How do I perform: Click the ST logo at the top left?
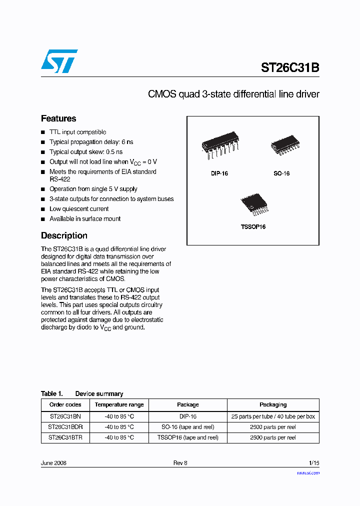click(59, 61)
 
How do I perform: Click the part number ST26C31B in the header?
click(289, 68)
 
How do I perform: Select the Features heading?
click(58, 118)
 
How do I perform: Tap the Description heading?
click(64, 235)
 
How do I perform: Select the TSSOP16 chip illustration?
click(252, 205)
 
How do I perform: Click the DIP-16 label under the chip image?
click(219, 173)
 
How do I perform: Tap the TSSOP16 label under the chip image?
click(253, 226)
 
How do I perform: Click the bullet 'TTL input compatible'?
click(77, 132)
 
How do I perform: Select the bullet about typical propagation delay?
click(91, 142)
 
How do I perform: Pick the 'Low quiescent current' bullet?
click(79, 209)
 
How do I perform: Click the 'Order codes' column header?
click(65, 404)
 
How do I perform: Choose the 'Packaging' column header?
click(273, 404)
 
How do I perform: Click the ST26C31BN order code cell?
click(65, 416)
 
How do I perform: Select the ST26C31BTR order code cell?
click(65, 437)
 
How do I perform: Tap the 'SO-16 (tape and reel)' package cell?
click(188, 427)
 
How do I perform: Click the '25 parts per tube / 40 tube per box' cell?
click(273, 416)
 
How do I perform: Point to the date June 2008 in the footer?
click(53, 463)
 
